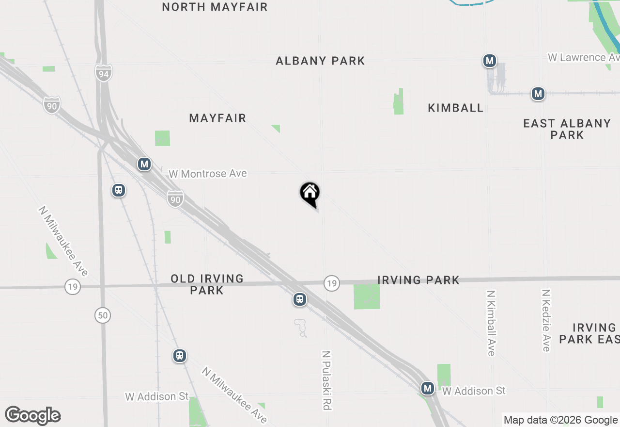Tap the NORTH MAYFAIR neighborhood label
[215, 7]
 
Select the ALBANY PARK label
[320, 61]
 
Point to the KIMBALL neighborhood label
[455, 108]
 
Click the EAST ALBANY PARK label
[567, 129]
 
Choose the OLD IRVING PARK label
[207, 284]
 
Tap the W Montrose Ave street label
[207, 173]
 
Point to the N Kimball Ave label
[491, 323]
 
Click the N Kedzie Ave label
[546, 320]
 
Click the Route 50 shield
[103, 315]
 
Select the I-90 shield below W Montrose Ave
[175, 198]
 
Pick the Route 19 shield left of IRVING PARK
[331, 283]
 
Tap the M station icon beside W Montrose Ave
[144, 164]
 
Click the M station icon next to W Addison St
[427, 388]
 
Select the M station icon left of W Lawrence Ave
[490, 61]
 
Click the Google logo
[33, 415]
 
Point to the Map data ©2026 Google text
[560, 420]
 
